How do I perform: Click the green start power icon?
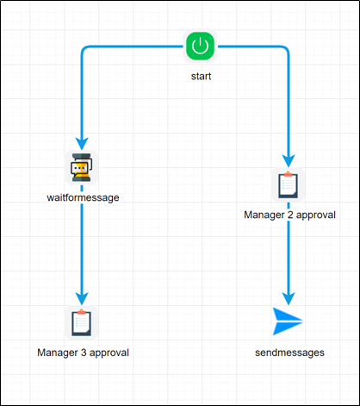tap(200, 47)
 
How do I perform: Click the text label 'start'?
tap(200, 77)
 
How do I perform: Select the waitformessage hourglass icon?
tap(81, 166)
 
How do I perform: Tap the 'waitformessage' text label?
tap(82, 197)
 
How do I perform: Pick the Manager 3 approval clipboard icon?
tap(81, 322)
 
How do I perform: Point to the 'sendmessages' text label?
tap(289, 353)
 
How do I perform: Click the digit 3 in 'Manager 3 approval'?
tap(81, 353)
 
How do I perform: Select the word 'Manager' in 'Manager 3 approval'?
tap(57, 353)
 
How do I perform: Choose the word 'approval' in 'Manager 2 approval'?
tap(314, 215)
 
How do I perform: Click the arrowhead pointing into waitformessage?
tap(81, 143)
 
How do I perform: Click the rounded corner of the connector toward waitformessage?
tap(84, 50)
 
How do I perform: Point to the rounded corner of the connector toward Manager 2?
tap(284, 50)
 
